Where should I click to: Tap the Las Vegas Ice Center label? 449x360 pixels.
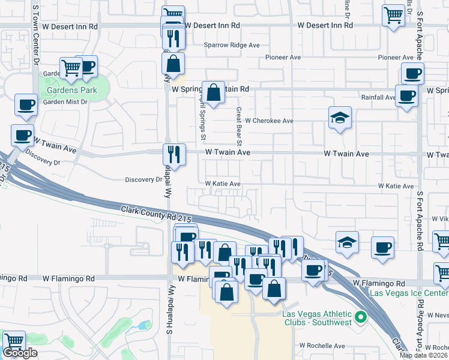[x=408, y=293]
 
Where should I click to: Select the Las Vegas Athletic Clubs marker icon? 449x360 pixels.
[x=360, y=316]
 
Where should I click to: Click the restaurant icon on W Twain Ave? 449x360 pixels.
[x=172, y=154]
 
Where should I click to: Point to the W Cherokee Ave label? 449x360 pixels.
[x=269, y=121]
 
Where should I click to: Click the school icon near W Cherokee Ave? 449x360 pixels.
[x=339, y=118]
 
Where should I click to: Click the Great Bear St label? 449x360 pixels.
[x=239, y=126]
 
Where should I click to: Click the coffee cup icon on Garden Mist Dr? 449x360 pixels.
[x=26, y=104]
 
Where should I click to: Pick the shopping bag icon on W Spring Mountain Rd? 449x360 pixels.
[x=213, y=92]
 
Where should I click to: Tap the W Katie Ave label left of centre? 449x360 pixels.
[x=223, y=184]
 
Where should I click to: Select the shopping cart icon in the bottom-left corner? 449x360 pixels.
[x=14, y=341]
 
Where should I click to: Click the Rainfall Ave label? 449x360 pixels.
[x=378, y=97]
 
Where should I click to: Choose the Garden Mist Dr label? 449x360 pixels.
[x=65, y=102]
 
